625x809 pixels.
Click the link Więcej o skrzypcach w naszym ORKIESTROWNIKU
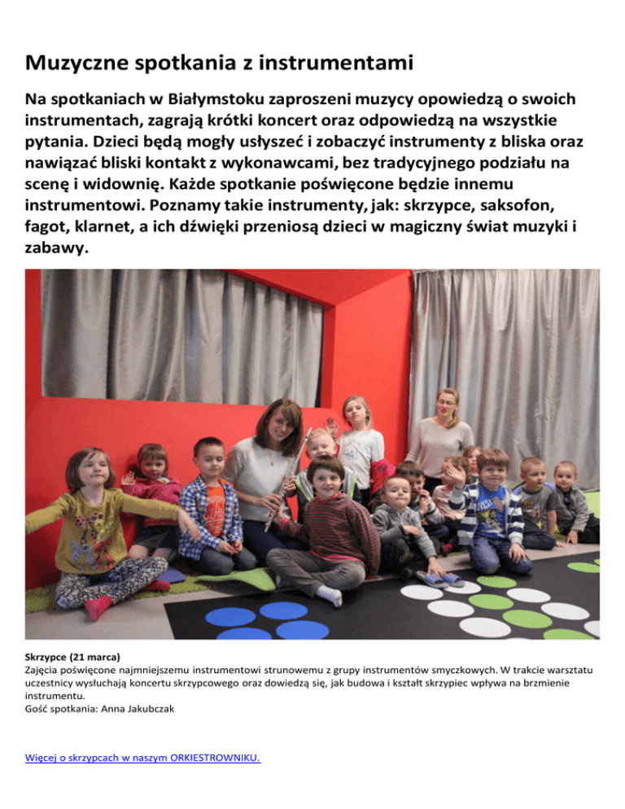[x=143, y=759]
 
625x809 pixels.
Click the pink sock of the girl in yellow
[x=98, y=606]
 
